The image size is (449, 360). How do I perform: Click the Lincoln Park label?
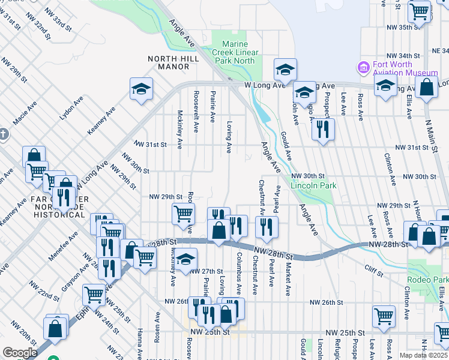[x=313, y=185]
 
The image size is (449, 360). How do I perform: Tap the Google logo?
[x=20, y=353]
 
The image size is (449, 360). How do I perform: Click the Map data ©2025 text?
[x=423, y=355]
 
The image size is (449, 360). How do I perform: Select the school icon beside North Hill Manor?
[x=141, y=89]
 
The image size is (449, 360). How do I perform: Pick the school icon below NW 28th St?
[x=186, y=259]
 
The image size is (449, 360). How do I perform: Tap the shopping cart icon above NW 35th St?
[x=419, y=10]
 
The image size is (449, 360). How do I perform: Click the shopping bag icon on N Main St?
[x=427, y=86]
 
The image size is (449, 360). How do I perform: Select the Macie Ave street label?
[x=26, y=113]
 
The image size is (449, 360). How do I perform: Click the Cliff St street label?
[x=374, y=274]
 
